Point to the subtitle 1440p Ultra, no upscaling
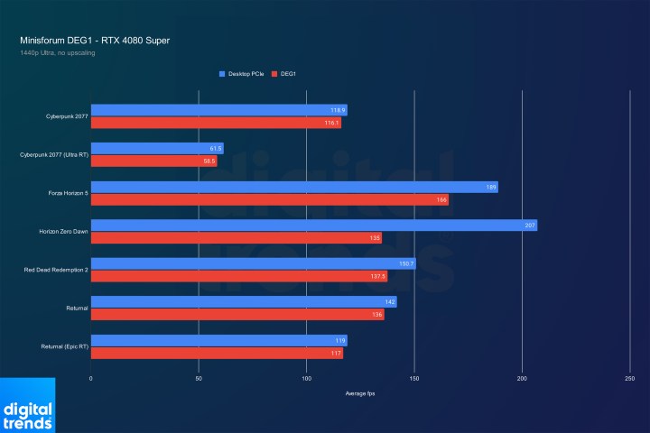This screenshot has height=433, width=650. point(57,53)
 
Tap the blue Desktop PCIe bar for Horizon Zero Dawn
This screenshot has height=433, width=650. point(313,226)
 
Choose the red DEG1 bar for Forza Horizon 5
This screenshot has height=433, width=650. point(269,200)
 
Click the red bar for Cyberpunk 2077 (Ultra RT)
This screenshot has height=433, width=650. point(153,161)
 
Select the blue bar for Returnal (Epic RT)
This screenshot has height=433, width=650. point(218,341)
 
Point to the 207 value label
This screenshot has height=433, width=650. point(530,226)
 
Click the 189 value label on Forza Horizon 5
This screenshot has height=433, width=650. point(491,187)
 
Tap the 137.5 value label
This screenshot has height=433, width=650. point(377,277)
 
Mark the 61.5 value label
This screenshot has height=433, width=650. point(215,149)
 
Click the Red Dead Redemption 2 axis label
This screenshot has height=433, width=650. point(55,270)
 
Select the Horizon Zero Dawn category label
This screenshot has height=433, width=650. point(62,232)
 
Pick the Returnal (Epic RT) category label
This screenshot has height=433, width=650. point(64,347)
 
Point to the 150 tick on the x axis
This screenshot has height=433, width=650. point(413,380)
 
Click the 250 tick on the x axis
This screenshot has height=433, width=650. point(629,380)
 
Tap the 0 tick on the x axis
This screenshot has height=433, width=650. point(91,380)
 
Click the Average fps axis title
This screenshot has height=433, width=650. point(360,394)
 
